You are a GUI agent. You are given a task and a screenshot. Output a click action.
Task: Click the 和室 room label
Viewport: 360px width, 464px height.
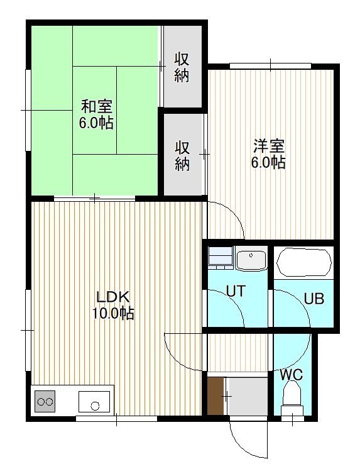97,107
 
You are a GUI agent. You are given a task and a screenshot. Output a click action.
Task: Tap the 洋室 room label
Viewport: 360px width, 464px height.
269,146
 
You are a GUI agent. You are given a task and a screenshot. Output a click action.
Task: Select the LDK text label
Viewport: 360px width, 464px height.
113,297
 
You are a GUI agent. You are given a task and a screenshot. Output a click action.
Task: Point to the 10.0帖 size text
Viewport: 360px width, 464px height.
113,313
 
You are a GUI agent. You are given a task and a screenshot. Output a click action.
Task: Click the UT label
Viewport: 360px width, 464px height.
236,291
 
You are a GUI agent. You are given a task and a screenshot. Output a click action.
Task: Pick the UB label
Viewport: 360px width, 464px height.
314,299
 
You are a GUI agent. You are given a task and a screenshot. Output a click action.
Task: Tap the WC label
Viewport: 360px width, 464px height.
292,375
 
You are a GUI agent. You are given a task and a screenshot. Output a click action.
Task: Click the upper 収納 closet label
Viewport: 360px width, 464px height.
182,67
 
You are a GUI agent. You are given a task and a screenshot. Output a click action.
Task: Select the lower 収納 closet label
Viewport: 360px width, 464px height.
182,156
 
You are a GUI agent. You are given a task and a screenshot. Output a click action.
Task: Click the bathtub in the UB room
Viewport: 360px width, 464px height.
303,262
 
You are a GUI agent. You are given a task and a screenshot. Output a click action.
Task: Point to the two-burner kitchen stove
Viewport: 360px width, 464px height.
45,401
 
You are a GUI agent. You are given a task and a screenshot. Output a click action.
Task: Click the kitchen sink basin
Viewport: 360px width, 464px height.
94,401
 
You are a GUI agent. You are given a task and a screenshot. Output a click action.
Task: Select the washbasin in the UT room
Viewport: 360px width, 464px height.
251,258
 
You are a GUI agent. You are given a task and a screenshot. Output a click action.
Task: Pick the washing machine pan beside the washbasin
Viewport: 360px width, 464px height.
221,257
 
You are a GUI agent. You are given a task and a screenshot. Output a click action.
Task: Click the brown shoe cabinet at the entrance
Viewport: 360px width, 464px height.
215,396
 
